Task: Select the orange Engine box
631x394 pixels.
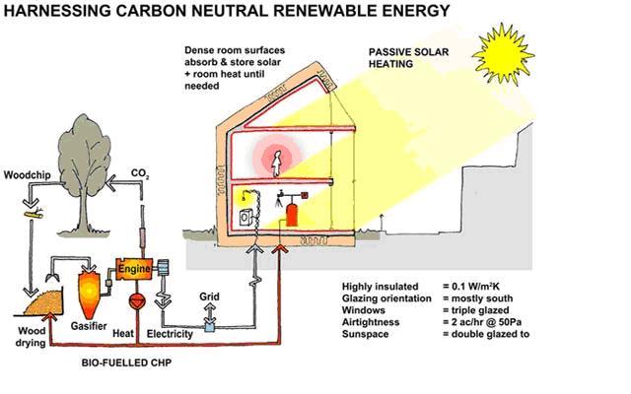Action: click(x=133, y=268)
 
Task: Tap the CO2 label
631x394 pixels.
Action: click(x=141, y=175)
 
